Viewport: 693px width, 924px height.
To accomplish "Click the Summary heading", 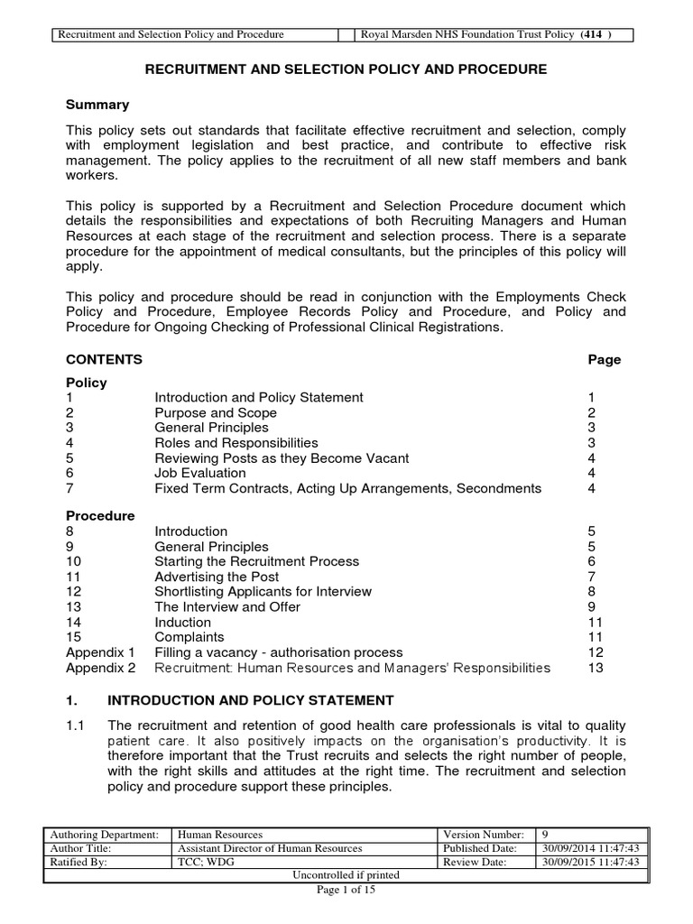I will click(x=97, y=105).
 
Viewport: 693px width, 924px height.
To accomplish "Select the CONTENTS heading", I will click(x=105, y=359).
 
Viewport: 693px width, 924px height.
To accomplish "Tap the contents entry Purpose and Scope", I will click(x=216, y=412).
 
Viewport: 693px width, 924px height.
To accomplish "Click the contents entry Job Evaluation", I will click(x=202, y=473).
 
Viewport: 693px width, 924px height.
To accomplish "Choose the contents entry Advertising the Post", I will click(x=217, y=577).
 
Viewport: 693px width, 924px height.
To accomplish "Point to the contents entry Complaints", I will click(x=189, y=637).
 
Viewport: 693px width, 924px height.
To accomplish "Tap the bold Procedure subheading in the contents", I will click(x=100, y=516).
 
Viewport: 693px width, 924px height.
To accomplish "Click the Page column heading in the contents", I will click(x=604, y=359).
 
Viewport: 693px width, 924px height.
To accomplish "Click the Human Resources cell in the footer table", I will click(x=220, y=835).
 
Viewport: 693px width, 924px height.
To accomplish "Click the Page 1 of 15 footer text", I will click(x=346, y=890).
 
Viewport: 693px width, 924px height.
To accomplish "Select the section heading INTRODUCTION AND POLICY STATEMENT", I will click(x=250, y=699).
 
